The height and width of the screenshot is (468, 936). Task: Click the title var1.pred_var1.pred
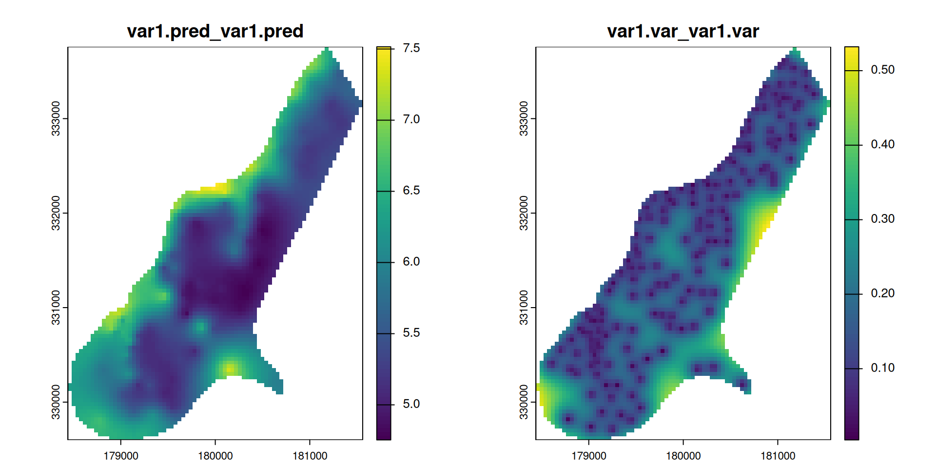(x=215, y=31)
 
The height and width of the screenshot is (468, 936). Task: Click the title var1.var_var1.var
(x=683, y=31)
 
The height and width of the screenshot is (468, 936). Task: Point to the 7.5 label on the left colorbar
(x=411, y=48)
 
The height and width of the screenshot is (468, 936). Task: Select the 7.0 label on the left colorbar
(x=411, y=119)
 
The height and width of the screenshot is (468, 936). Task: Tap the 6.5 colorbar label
(x=411, y=191)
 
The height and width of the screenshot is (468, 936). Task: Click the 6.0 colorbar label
(x=411, y=262)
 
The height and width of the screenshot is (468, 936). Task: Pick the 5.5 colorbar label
(x=411, y=333)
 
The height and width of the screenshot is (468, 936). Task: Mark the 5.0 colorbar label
(x=411, y=404)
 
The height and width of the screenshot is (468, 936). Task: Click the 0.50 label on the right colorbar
(x=882, y=70)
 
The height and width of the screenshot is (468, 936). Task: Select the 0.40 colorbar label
(x=882, y=144)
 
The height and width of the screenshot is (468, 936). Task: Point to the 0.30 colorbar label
(x=882, y=219)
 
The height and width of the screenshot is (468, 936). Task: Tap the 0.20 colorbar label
(x=882, y=293)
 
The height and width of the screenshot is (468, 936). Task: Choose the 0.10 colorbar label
(x=882, y=368)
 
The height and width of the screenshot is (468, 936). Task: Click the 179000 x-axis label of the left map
(x=121, y=456)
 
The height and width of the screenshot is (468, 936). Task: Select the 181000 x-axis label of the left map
(x=310, y=456)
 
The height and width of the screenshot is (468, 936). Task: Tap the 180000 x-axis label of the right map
(x=683, y=456)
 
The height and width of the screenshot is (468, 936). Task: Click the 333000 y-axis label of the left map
(x=56, y=118)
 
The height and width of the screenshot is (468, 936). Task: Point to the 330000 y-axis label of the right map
(x=524, y=402)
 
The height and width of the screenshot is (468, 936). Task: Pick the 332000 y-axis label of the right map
(x=524, y=213)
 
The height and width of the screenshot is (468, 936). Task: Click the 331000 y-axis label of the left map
(x=56, y=307)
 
